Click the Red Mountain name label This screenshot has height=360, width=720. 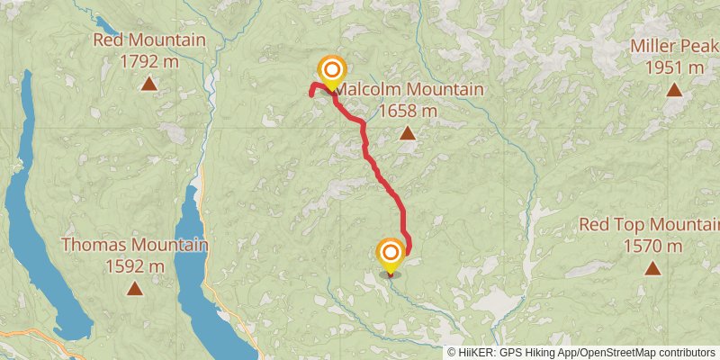point(149,40)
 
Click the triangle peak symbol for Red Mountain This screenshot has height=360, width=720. point(149,85)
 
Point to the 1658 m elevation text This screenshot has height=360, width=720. point(408,111)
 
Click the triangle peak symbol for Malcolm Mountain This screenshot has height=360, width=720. point(408,134)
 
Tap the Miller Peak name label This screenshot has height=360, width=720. point(674,46)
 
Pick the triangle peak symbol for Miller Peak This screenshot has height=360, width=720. point(674,89)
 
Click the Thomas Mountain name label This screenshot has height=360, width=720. point(135,245)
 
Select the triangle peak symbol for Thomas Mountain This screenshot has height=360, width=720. point(135,289)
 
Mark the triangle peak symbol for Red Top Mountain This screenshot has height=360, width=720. point(652,268)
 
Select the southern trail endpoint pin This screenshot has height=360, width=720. point(390,254)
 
